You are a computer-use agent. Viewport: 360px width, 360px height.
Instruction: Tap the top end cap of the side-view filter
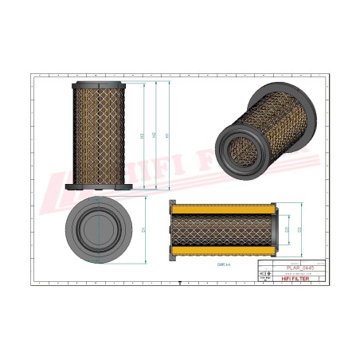tap(99, 84)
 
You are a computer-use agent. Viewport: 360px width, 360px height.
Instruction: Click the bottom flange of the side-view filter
tap(99, 188)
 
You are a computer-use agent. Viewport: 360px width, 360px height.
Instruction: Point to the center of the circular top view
tap(98, 232)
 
